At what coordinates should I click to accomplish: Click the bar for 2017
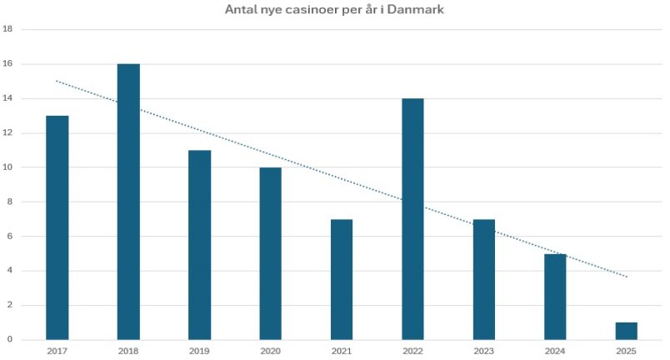click(x=57, y=227)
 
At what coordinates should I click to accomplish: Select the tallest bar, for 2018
click(x=128, y=201)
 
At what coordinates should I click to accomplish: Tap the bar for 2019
click(x=199, y=244)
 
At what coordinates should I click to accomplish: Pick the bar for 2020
click(x=270, y=252)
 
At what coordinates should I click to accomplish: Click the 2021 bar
click(x=342, y=278)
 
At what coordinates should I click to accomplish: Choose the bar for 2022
click(x=412, y=218)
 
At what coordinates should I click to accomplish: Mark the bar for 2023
click(x=483, y=278)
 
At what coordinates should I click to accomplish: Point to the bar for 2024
click(x=555, y=296)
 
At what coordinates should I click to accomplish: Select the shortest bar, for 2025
click(x=626, y=331)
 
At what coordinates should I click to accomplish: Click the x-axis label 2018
click(x=128, y=352)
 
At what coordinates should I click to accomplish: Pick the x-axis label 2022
click(x=412, y=352)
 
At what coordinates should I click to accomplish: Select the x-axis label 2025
click(x=626, y=352)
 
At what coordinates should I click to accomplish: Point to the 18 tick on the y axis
click(x=7, y=29)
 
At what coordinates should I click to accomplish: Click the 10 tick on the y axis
click(x=7, y=167)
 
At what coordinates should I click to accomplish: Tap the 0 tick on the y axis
click(x=9, y=339)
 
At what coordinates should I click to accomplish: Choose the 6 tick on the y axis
click(x=9, y=236)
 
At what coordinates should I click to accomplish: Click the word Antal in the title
click(x=241, y=10)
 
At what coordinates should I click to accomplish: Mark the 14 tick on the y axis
click(x=7, y=98)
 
